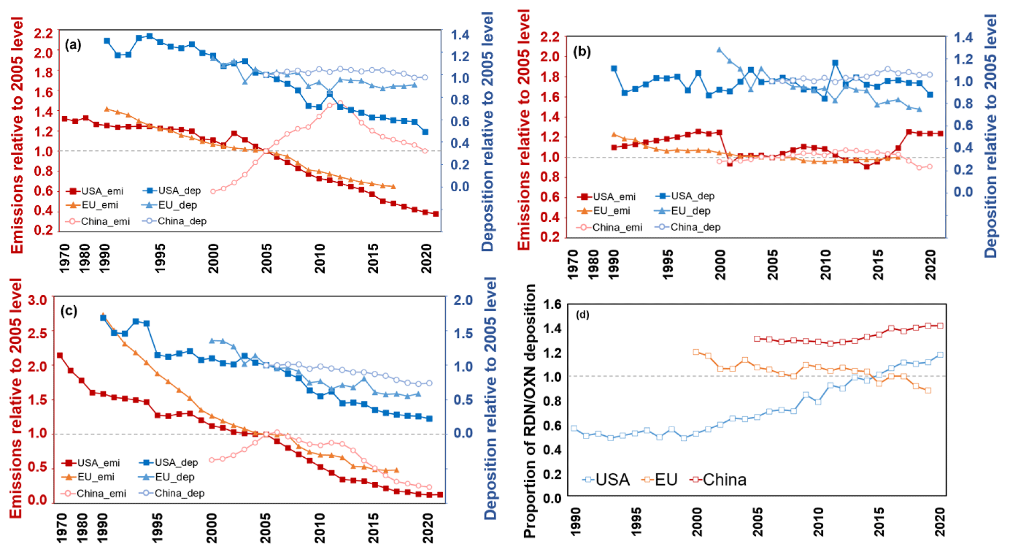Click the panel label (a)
[73, 45]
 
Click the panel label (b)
[582, 51]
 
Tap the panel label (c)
[69, 311]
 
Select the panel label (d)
[583, 314]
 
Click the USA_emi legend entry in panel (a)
[95, 191]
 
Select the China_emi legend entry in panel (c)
[94, 493]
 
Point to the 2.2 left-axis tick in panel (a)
[43, 33]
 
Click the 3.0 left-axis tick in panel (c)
[38, 300]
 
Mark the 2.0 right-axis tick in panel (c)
[463, 300]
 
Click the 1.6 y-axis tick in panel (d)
[552, 305]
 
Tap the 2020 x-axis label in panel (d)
[940, 522]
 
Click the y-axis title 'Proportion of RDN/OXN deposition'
[529, 411]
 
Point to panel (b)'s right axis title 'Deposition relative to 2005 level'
[990, 135]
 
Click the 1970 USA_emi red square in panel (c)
[60, 356]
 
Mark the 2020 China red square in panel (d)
[940, 326]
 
